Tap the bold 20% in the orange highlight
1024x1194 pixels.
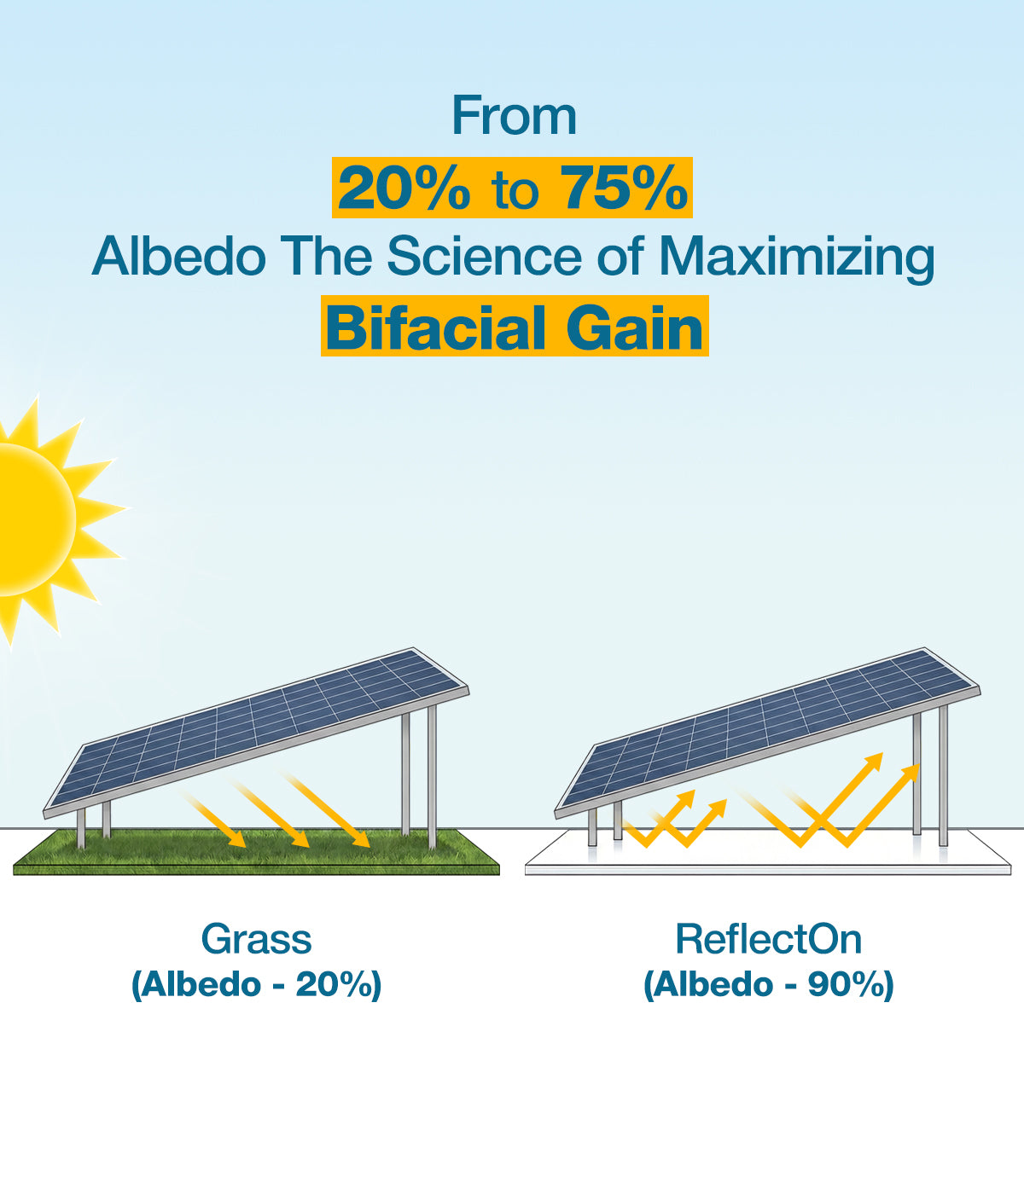click(404, 188)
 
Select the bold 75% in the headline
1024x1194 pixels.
click(624, 188)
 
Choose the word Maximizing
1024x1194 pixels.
click(797, 258)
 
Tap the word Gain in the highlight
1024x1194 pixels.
click(635, 328)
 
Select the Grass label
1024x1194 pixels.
click(256, 939)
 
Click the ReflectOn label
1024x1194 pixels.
click(768, 939)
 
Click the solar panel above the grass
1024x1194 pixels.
click(256, 733)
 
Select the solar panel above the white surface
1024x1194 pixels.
click(767, 733)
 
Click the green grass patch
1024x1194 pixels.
click(256, 852)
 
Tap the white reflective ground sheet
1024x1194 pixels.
click(768, 854)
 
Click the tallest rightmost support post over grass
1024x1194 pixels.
click(432, 776)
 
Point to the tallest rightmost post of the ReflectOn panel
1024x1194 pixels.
click(943, 775)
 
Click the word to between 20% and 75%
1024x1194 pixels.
click(515, 191)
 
